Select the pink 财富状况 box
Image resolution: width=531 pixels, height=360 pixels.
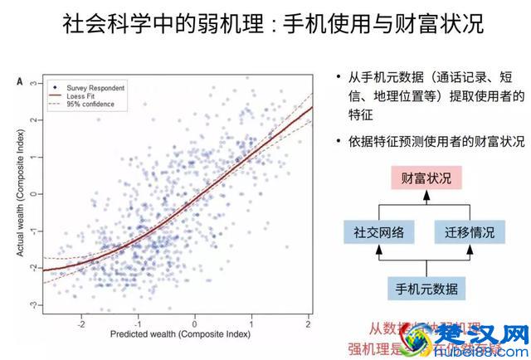(424, 178)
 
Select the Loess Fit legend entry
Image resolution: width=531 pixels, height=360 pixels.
(80, 95)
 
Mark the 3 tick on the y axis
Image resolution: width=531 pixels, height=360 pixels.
(34, 84)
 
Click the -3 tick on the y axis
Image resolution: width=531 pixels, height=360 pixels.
(34, 306)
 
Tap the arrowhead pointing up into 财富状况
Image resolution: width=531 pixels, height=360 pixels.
(424, 196)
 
